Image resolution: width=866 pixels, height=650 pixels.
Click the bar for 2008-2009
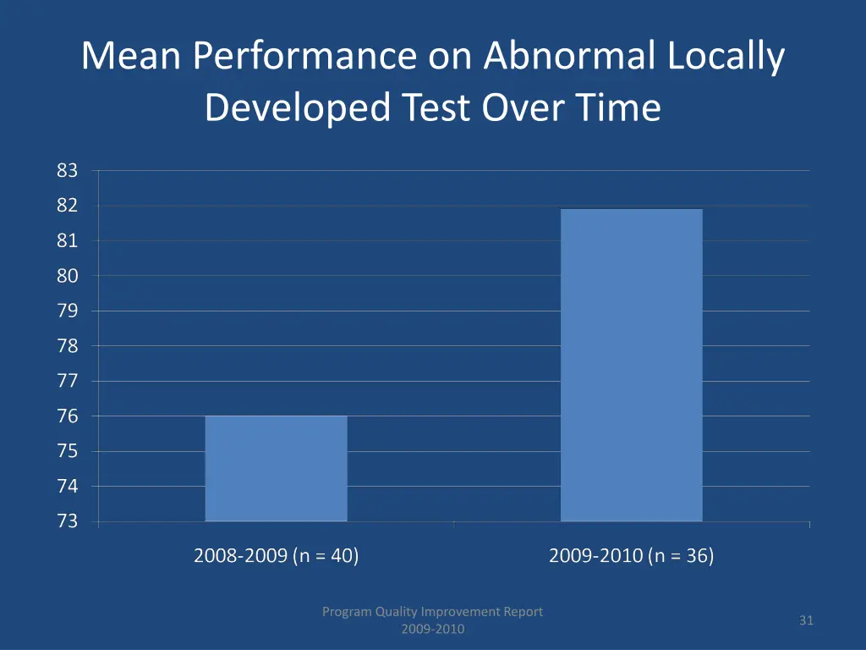click(x=276, y=468)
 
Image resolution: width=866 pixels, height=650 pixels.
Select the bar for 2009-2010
click(x=631, y=365)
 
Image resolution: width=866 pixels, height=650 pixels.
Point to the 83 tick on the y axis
click(x=68, y=171)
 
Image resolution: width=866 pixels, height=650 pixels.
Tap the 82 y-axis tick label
click(x=68, y=206)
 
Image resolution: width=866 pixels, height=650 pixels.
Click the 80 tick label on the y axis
click(x=68, y=276)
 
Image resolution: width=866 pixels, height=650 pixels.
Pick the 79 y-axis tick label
click(x=68, y=311)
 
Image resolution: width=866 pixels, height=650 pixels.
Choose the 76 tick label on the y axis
click(x=68, y=416)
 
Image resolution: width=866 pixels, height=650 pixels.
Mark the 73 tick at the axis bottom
click(x=68, y=521)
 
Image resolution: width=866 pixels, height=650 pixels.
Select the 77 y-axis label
click(x=68, y=381)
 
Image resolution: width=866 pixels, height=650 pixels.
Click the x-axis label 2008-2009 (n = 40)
click(x=276, y=556)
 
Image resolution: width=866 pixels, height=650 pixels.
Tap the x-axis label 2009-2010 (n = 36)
click(x=631, y=556)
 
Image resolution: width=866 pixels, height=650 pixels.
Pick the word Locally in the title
click(x=726, y=58)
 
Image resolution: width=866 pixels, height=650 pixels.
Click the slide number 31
click(x=806, y=620)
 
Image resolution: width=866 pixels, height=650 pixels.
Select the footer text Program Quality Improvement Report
click(x=432, y=611)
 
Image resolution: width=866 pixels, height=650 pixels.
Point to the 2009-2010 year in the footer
click(x=432, y=629)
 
